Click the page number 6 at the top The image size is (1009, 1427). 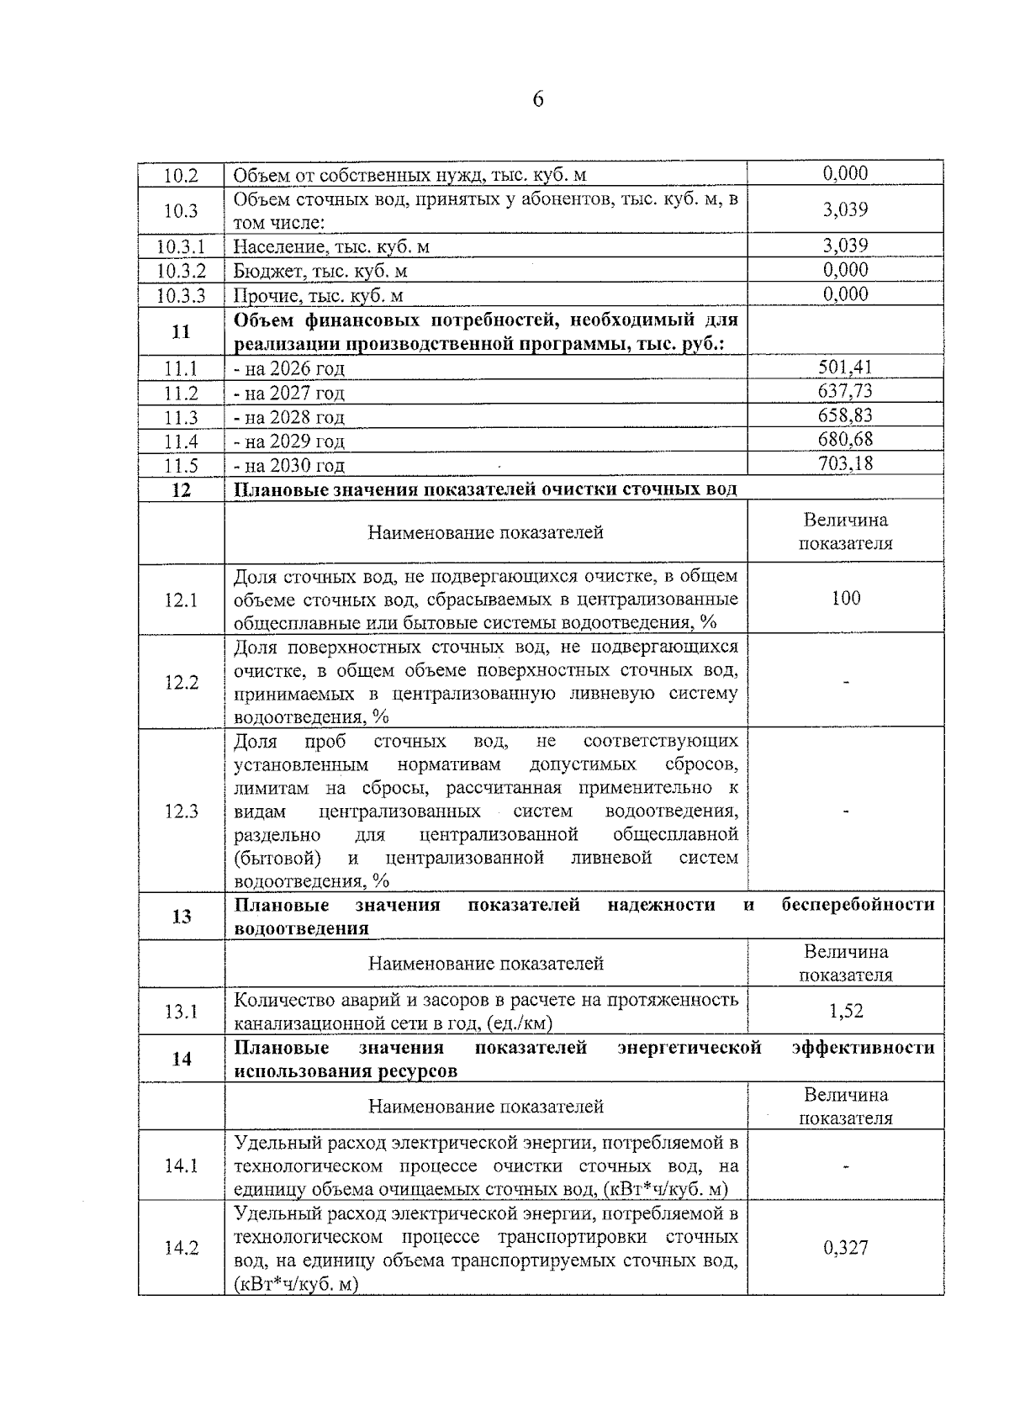(x=538, y=100)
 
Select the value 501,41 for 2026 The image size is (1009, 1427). (x=845, y=367)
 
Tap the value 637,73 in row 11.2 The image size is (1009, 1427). (x=845, y=391)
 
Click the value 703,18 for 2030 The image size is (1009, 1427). (x=845, y=463)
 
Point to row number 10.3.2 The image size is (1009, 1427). (x=181, y=271)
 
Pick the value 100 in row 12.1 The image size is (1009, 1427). (x=845, y=598)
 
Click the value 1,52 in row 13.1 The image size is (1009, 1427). (x=845, y=1011)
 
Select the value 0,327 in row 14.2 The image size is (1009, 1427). (x=845, y=1248)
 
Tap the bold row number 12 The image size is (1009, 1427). (x=181, y=490)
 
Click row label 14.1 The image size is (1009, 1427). (x=181, y=1166)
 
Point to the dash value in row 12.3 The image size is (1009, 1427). (x=846, y=811)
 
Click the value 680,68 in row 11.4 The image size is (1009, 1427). (x=845, y=439)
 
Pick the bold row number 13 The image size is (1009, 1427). (x=181, y=917)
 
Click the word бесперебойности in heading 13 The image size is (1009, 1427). (x=858, y=905)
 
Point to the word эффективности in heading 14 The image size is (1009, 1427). (x=863, y=1048)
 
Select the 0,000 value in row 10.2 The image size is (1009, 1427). (x=845, y=173)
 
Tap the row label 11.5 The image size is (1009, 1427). (x=181, y=465)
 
